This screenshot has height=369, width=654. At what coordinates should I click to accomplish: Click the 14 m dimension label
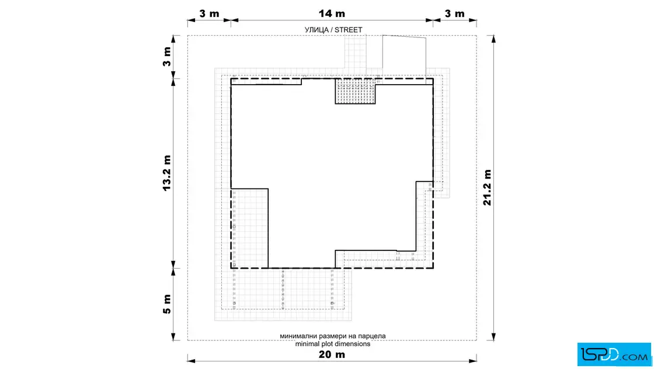(x=332, y=14)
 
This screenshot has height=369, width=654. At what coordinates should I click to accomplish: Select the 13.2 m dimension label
(x=167, y=173)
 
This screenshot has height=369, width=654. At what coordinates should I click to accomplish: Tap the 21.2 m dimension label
(x=487, y=187)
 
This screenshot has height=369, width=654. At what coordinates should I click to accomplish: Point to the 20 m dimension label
(x=332, y=355)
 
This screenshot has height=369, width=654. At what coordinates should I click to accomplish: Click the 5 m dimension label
(x=167, y=304)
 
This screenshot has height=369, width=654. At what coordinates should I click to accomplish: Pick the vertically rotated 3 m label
(x=167, y=57)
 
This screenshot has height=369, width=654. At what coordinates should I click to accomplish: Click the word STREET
(x=348, y=30)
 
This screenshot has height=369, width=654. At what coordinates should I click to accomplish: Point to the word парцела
(x=372, y=336)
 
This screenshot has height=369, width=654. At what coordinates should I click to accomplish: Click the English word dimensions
(x=350, y=344)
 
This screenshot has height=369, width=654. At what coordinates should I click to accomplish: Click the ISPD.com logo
(x=614, y=354)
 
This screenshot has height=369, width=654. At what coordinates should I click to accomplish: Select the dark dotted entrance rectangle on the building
(x=356, y=91)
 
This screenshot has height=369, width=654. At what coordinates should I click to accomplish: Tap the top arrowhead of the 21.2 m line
(x=493, y=39)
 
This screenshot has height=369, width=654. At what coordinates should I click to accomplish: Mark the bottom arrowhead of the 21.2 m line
(x=493, y=336)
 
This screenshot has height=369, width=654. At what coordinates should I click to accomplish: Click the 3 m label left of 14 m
(x=209, y=14)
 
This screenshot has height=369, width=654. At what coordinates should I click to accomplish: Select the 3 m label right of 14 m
(x=455, y=14)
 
